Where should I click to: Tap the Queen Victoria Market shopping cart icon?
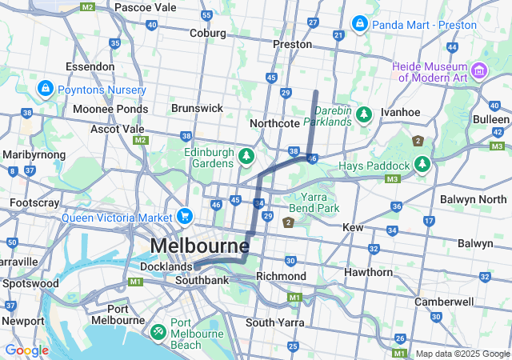click(x=185, y=216)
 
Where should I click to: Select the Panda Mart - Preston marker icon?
click(x=359, y=23)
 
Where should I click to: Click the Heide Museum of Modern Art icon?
click(x=480, y=70)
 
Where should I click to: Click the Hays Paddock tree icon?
click(x=422, y=165)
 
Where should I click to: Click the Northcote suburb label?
click(x=274, y=123)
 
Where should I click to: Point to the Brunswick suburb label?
click(x=197, y=107)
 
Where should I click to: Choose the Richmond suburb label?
click(x=280, y=276)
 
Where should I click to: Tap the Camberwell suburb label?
click(x=444, y=302)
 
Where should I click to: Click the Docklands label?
click(x=166, y=266)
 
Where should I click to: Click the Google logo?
click(x=26, y=350)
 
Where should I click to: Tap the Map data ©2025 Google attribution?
click(x=462, y=354)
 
